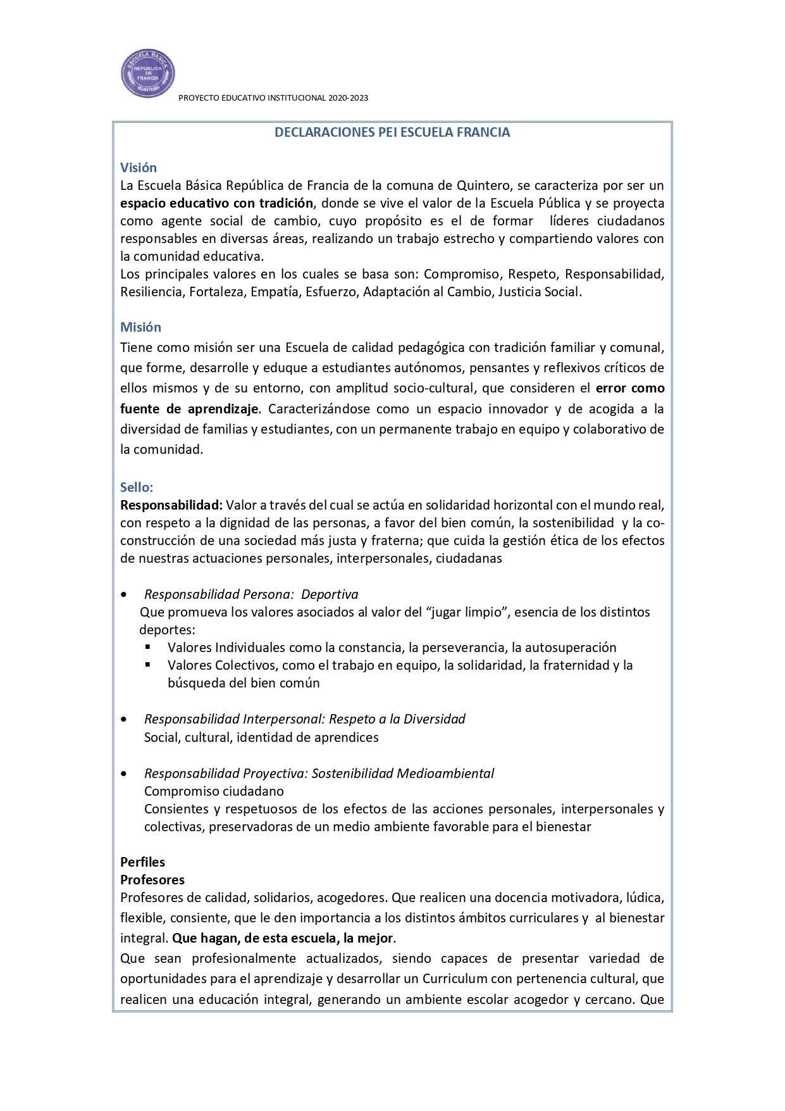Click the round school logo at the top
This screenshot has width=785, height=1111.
(147, 73)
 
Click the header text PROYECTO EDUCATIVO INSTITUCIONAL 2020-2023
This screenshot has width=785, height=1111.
(273, 98)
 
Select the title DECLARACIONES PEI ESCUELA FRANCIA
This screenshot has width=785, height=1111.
(392, 132)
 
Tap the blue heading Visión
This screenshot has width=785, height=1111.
(139, 168)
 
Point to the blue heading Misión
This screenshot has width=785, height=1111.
(140, 327)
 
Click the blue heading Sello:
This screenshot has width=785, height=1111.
(137, 487)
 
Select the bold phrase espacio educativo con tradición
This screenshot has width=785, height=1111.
(216, 203)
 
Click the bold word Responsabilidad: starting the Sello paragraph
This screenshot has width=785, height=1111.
(171, 505)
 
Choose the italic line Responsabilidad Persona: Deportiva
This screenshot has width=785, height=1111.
(251, 594)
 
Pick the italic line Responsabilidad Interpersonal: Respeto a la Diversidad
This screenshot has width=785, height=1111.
(304, 719)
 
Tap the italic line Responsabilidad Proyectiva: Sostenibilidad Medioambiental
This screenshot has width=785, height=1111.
(319, 774)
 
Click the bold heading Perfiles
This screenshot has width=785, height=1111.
(142, 862)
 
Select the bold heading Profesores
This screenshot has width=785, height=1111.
(152, 880)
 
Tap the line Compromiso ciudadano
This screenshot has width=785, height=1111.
(214, 791)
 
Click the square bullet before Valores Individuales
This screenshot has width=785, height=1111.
(148, 647)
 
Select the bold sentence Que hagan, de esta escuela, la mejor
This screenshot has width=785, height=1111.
(283, 938)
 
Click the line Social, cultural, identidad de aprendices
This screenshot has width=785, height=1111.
(261, 738)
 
